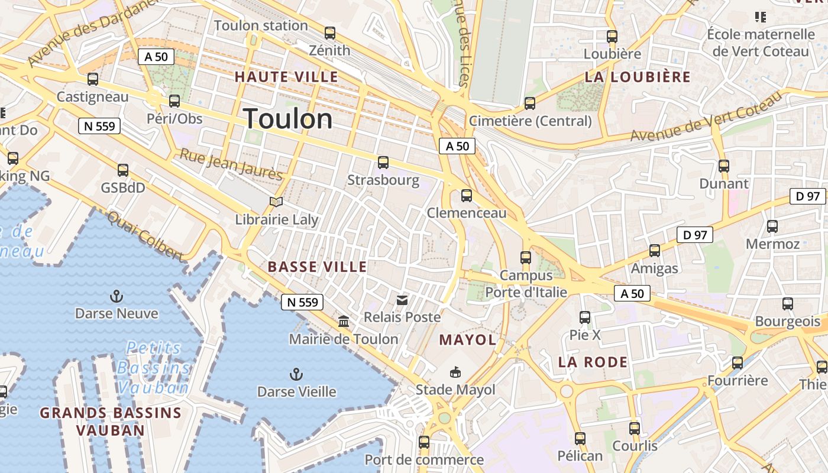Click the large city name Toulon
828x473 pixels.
[x=287, y=119]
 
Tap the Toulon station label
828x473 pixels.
[x=261, y=25]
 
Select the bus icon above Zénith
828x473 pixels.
[x=330, y=33]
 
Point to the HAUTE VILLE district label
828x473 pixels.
[x=286, y=77]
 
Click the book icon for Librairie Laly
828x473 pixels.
[x=276, y=202]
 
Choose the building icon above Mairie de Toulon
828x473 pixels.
[x=343, y=322]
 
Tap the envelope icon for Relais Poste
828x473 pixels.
[x=402, y=300]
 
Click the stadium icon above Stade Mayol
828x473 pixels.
[x=455, y=372]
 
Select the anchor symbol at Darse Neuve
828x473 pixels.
[x=117, y=296]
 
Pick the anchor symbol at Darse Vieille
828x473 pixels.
[x=296, y=374]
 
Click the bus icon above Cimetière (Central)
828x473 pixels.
[x=530, y=103]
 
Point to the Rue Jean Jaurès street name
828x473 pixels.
[x=231, y=164]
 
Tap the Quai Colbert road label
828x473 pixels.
[x=145, y=235]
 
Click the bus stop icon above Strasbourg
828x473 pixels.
[x=383, y=163]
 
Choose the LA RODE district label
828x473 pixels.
[x=593, y=362]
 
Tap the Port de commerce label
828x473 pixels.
[x=423, y=459]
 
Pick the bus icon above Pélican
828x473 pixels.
[x=580, y=439]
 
